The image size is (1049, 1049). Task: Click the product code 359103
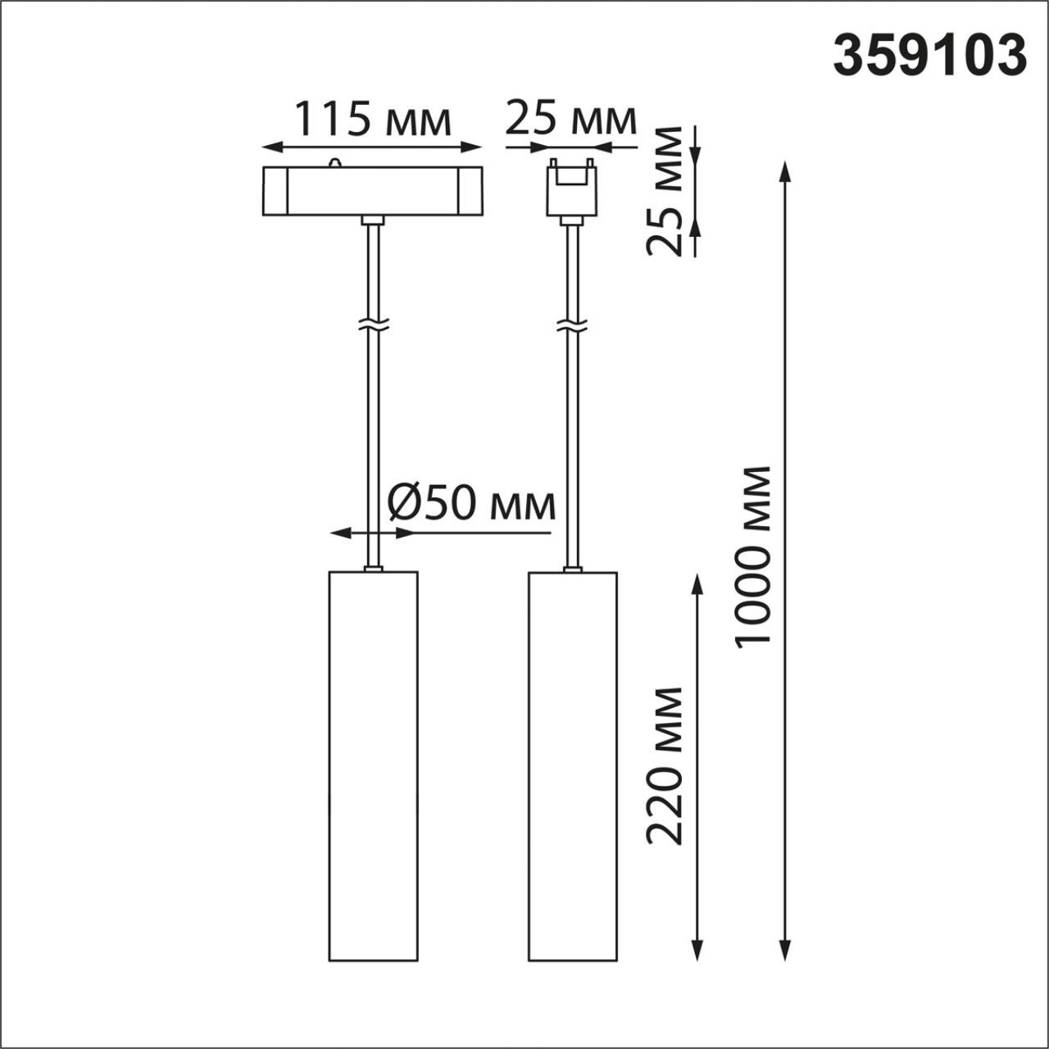(929, 56)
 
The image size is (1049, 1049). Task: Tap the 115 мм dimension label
(372, 120)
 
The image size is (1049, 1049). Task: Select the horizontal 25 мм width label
(570, 120)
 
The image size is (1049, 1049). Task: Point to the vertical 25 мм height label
(665, 191)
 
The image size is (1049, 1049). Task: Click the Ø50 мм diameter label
(471, 503)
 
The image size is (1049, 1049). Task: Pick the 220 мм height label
(665, 765)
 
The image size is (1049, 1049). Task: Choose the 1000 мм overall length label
(753, 557)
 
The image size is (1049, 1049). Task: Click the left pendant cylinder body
(374, 765)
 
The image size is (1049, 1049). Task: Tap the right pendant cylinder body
(573, 765)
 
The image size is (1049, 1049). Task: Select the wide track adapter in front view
(372, 191)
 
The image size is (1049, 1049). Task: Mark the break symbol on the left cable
(374, 325)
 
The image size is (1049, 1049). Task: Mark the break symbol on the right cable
(572, 325)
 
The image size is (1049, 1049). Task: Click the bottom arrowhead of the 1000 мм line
(785, 951)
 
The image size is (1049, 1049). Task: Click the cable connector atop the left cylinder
(373, 567)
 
